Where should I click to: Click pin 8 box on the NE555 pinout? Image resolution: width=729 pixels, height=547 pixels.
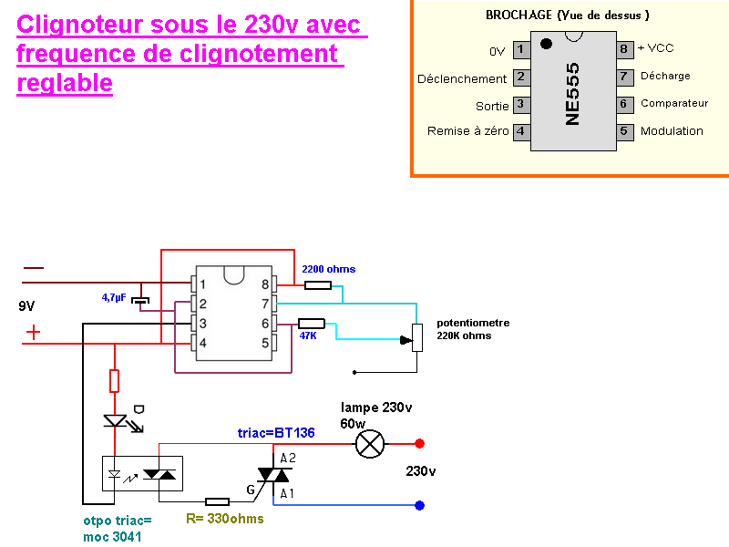point(624,48)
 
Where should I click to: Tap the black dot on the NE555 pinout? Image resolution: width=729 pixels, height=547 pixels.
point(546,44)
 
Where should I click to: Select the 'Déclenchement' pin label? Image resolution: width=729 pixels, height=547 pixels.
point(462,78)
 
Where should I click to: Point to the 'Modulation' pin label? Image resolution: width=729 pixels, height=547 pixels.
point(672,131)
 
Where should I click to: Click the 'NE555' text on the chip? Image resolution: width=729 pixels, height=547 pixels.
point(572,93)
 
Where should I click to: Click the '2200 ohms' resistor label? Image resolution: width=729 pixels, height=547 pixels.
point(328,269)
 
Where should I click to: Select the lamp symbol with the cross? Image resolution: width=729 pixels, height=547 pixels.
point(369,444)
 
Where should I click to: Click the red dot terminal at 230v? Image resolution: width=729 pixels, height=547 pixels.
point(419,444)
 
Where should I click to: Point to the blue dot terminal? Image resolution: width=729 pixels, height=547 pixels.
point(418,505)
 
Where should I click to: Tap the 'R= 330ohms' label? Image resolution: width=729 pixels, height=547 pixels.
point(224,519)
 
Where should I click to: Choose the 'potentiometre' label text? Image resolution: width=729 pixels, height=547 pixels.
point(473,323)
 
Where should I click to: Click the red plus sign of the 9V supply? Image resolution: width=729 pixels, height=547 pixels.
point(34,333)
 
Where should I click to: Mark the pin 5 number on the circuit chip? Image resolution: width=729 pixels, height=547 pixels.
point(264,343)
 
